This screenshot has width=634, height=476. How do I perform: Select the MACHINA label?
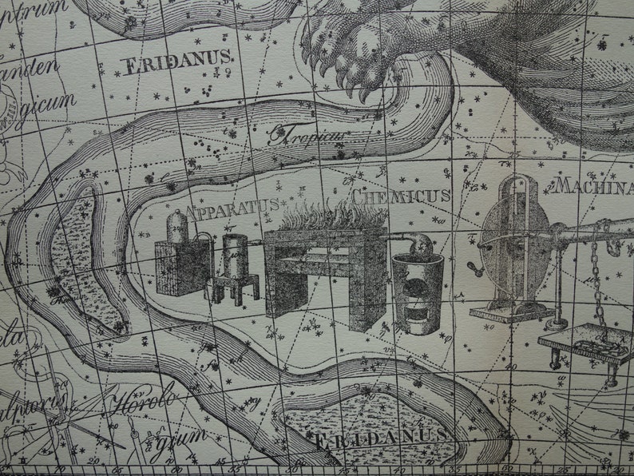tap(594, 186)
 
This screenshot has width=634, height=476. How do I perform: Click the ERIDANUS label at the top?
tap(178, 61)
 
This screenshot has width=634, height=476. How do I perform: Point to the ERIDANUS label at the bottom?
tap(378, 438)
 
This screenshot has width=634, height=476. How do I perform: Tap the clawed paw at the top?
tap(352, 56)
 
